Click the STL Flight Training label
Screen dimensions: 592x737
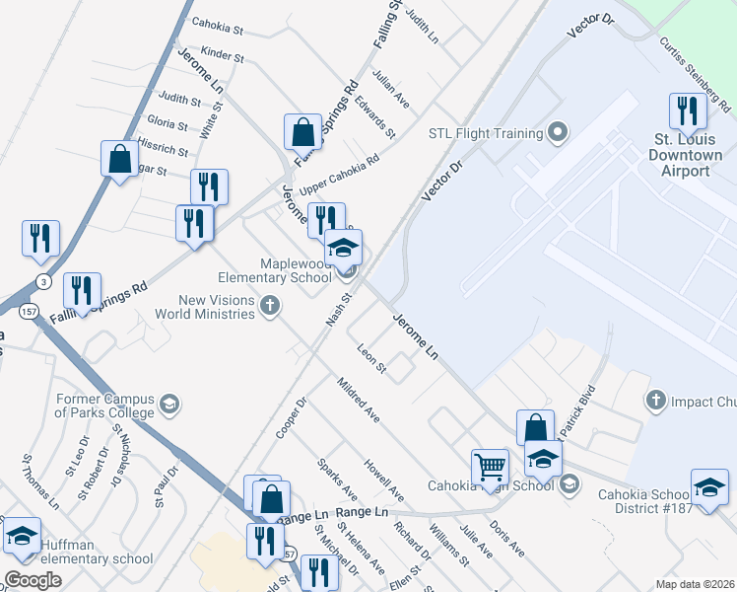tap(485, 133)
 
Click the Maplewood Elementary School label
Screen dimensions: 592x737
tap(296, 270)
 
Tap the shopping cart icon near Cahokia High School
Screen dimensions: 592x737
tap(490, 466)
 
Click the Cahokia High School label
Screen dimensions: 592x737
tap(490, 485)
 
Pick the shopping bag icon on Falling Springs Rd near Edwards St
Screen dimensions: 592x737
tap(303, 132)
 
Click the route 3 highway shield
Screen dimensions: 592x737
tap(41, 281)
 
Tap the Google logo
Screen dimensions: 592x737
tap(33, 580)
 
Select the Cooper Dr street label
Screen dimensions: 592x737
tap(293, 418)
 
